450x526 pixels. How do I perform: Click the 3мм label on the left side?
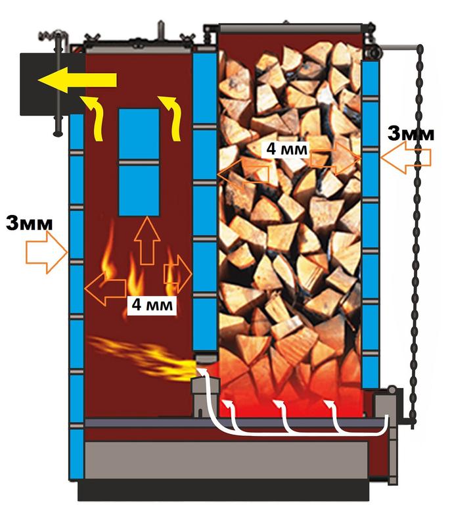click(30, 223)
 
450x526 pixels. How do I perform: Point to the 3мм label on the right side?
click(411, 133)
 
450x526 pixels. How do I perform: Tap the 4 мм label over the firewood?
click(286, 148)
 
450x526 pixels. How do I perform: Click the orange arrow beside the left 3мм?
click(47, 256)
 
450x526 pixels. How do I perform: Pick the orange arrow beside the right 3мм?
click(406, 158)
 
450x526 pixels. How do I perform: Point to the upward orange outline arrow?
click(147, 241)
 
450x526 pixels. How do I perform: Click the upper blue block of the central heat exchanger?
click(139, 134)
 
